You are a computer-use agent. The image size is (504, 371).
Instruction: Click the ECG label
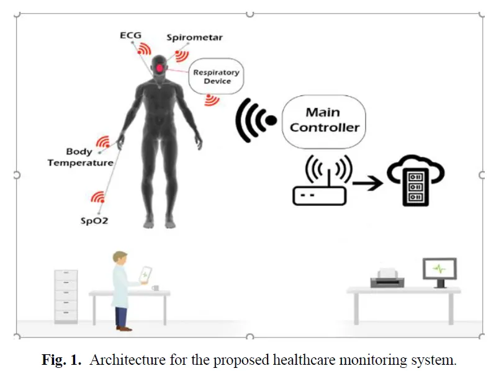click(130, 35)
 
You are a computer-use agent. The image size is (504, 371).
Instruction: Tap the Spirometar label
click(194, 38)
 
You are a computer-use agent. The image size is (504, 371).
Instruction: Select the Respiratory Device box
click(216, 76)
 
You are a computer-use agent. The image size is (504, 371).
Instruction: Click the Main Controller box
click(324, 121)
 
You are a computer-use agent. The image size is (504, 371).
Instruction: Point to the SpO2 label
click(94, 221)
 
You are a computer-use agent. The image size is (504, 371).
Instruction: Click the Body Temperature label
click(80, 157)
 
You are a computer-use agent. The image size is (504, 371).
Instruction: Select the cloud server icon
click(416, 181)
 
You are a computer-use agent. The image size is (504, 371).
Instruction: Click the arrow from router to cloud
click(368, 183)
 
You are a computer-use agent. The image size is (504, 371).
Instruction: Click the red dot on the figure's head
click(160, 68)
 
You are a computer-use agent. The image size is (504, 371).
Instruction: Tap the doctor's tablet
click(145, 275)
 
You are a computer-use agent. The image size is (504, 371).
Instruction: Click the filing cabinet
click(66, 297)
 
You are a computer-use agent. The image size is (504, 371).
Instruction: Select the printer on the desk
click(387, 278)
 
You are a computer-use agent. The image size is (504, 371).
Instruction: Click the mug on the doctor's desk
click(156, 288)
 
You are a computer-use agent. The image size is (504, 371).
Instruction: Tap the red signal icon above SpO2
click(98, 197)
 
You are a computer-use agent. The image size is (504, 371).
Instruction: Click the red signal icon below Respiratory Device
click(212, 100)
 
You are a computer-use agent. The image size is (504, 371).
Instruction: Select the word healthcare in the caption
click(304, 360)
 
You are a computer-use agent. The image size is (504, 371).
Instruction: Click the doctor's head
click(120, 257)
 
